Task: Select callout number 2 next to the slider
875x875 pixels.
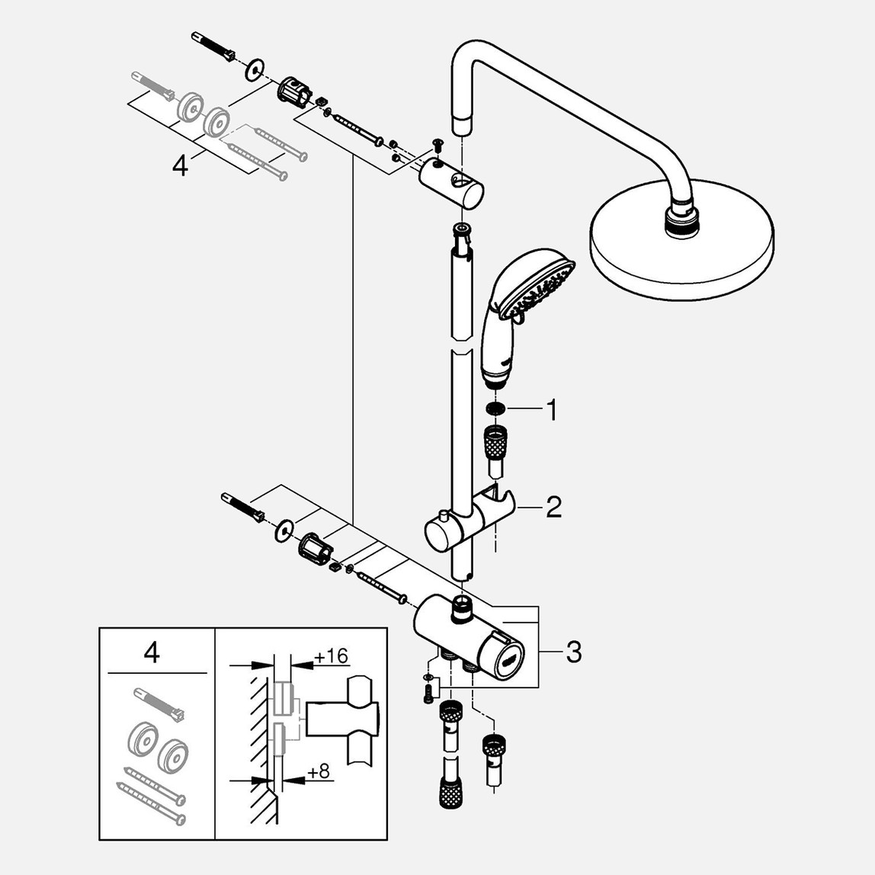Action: pos(553,506)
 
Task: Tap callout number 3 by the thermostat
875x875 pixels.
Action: pos(573,652)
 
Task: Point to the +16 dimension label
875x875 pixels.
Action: pos(330,656)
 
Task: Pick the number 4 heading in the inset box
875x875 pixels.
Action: pos(152,653)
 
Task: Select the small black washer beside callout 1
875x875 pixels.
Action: pos(497,411)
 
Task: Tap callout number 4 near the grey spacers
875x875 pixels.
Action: pos(180,165)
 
